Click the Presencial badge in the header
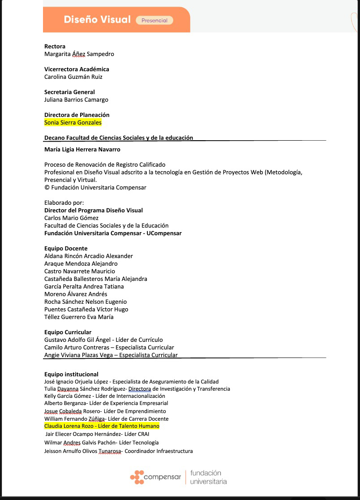point(154,20)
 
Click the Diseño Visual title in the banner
point(97,20)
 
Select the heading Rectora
point(55,46)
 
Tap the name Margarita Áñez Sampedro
point(79,54)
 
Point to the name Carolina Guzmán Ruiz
point(73,77)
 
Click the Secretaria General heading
point(69,92)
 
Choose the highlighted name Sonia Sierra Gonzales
point(73,122)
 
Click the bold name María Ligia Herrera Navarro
point(82,149)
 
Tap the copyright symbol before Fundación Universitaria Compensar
point(47,187)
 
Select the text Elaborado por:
point(64,203)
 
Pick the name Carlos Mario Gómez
point(71,218)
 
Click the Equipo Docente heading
point(66,248)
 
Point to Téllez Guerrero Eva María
point(79,317)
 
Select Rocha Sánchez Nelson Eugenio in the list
point(86,302)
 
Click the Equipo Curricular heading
point(68,332)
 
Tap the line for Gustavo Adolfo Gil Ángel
point(103,340)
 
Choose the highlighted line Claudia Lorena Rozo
point(102,426)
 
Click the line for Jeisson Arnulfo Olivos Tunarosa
point(118,451)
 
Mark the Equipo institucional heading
point(71,374)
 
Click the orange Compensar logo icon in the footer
point(137,477)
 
